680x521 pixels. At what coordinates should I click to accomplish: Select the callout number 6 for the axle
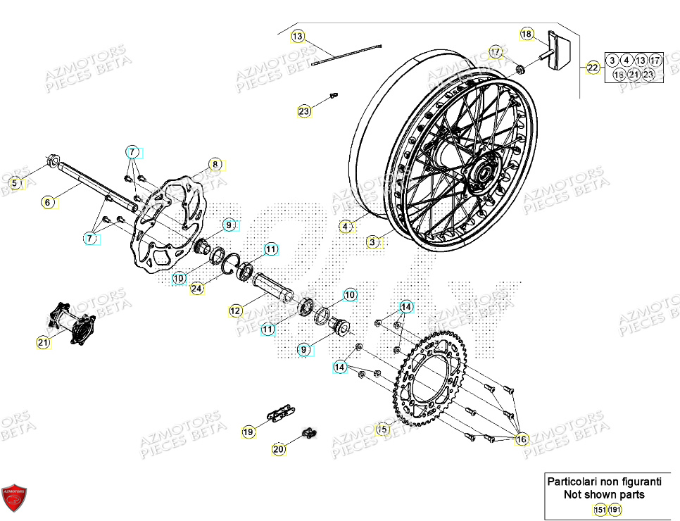tap(48, 202)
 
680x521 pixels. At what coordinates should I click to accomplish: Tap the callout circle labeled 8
tap(215, 165)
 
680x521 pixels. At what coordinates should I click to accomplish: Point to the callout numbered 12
tap(235, 310)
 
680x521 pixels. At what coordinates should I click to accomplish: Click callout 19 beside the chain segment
tap(248, 432)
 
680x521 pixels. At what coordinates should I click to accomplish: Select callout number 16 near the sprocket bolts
tap(521, 439)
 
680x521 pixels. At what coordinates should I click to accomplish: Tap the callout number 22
tap(593, 68)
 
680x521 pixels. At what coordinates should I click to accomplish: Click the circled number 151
tap(599, 510)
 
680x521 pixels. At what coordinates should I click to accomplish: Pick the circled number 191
tap(615, 510)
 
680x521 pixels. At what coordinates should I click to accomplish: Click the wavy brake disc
tap(170, 222)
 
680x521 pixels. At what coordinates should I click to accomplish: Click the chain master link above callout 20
tap(308, 433)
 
